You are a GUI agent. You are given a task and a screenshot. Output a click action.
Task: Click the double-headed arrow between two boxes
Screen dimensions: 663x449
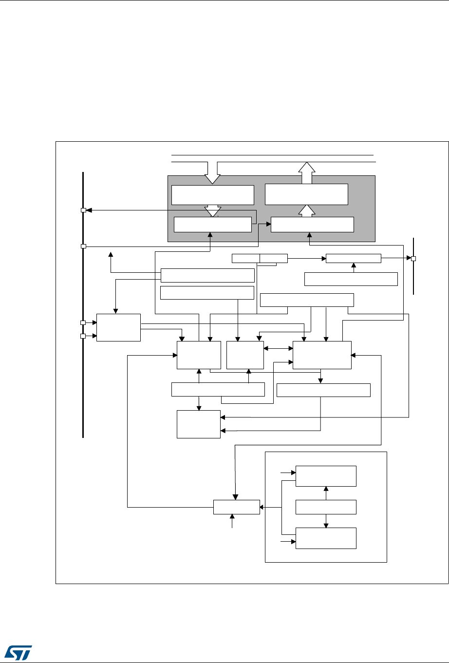pos(278,348)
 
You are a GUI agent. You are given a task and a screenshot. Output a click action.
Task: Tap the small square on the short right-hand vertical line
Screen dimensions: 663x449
pos(413,258)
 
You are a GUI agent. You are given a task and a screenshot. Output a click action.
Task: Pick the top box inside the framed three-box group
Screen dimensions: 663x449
pos(326,476)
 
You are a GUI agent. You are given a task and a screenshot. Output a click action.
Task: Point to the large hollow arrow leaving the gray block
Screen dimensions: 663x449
pos(307,173)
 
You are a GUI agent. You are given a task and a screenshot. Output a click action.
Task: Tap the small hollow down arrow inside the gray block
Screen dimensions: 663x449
pos(212,210)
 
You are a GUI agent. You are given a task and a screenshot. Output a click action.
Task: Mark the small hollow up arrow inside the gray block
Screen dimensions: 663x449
pos(307,210)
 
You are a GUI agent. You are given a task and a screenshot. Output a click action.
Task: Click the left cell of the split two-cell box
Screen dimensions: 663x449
pos(246,258)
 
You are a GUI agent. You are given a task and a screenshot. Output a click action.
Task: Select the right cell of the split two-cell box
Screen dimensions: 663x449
pos(274,258)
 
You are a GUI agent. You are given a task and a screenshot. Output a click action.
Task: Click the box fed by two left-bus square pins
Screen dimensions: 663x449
pos(118,328)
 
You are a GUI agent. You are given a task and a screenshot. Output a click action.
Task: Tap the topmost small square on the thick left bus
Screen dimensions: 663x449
pos(83,210)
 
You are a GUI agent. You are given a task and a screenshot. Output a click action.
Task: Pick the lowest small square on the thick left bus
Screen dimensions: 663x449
pos(83,336)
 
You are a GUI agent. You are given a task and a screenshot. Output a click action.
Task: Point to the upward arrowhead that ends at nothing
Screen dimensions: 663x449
pos(111,254)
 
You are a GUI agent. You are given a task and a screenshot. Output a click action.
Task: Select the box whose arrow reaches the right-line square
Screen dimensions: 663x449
pos(353,258)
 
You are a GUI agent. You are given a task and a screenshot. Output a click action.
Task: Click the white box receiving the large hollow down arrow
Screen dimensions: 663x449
pos(212,195)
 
